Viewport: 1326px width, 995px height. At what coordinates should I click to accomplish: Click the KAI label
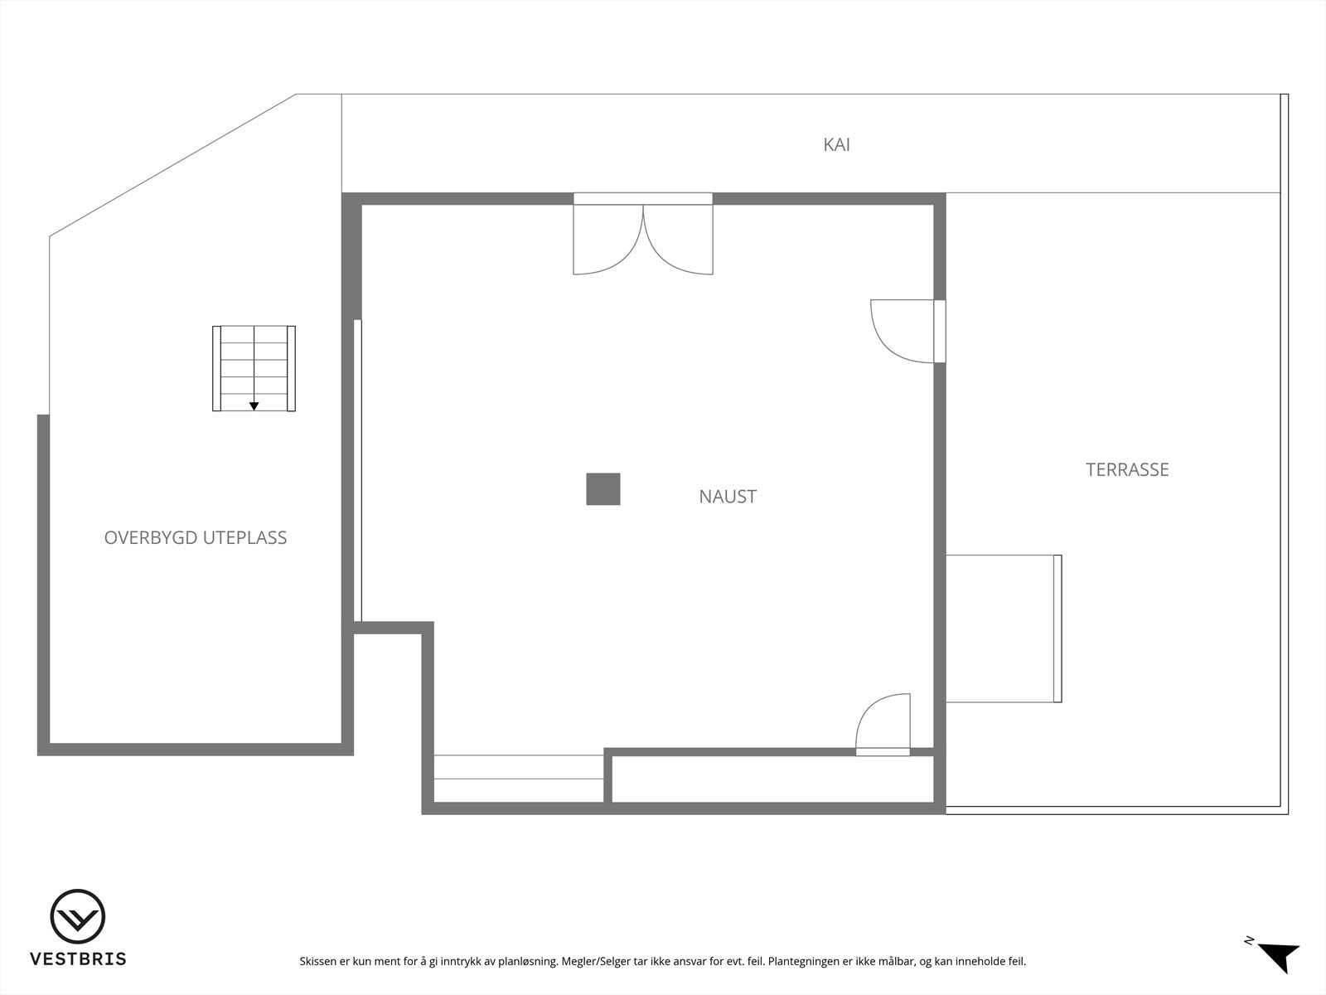pyautogui.click(x=836, y=145)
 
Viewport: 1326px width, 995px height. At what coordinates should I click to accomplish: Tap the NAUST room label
pyautogui.click(x=728, y=497)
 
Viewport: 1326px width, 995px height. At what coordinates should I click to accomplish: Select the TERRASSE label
pyautogui.click(x=1127, y=470)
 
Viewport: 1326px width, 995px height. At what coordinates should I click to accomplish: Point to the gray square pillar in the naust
pyautogui.click(x=603, y=489)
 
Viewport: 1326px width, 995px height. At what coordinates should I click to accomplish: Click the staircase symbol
pyautogui.click(x=254, y=368)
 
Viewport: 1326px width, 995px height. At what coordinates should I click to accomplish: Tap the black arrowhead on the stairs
pyautogui.click(x=254, y=406)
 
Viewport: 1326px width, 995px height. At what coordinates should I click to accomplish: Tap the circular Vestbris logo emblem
pyautogui.click(x=78, y=917)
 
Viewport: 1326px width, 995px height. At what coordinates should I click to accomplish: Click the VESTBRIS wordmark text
pyautogui.click(x=78, y=959)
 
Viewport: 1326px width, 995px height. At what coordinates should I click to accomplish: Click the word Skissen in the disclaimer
pyautogui.click(x=318, y=962)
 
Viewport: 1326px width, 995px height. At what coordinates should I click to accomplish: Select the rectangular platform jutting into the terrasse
pyautogui.click(x=1003, y=629)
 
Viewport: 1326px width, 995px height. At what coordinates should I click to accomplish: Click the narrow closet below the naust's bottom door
pyautogui.click(x=772, y=779)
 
